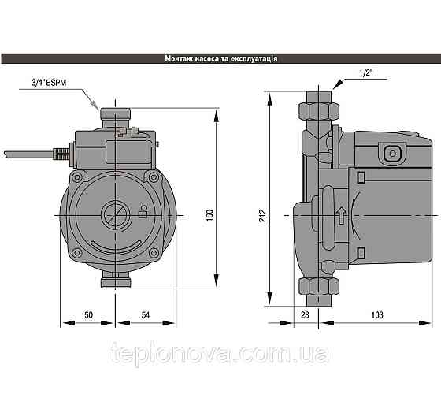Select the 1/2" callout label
click(x=365, y=74)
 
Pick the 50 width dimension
click(x=88, y=315)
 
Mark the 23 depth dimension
click(x=306, y=315)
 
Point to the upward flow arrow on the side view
click(x=340, y=214)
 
